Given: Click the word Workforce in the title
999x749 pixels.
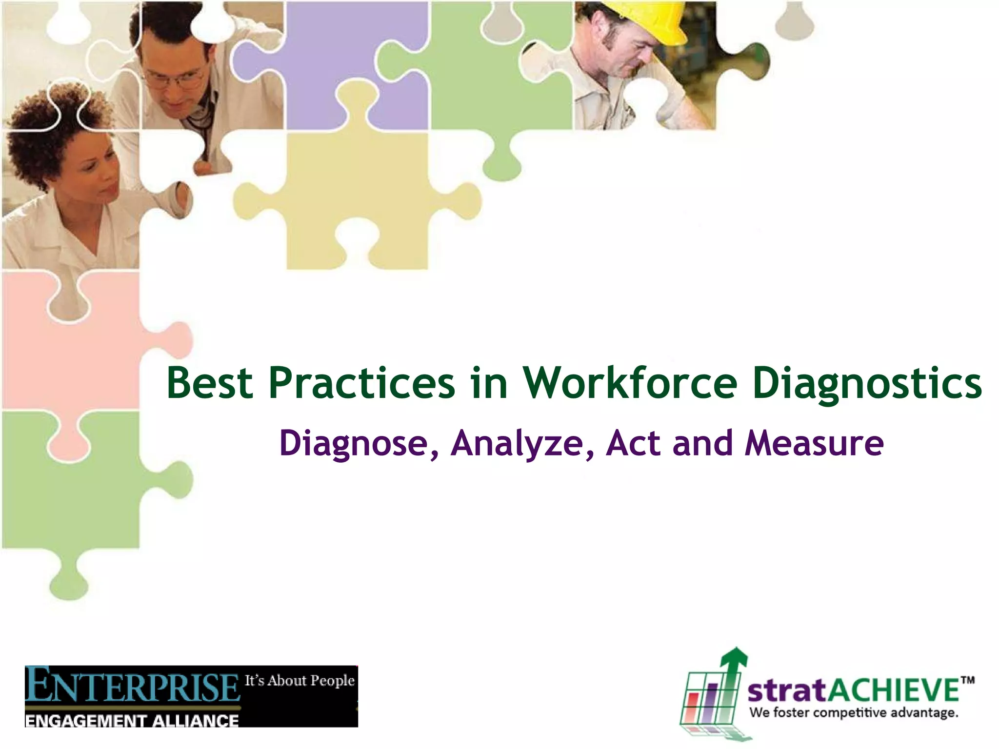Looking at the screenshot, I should tap(630, 383).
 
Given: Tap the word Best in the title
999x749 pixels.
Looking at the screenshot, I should tap(210, 383).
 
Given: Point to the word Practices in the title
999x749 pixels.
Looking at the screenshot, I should tap(361, 383).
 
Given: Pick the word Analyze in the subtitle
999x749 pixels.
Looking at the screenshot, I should tap(517, 444).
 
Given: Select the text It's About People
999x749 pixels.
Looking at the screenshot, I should tap(300, 680).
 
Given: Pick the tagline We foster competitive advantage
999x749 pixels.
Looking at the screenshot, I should tap(854, 713).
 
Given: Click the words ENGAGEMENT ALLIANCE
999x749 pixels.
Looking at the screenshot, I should tap(132, 721).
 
